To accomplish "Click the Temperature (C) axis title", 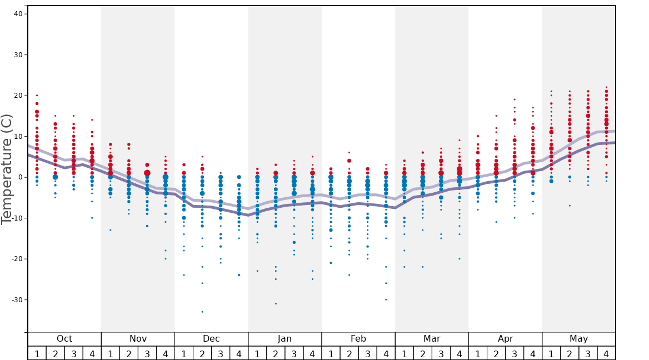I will tap(7, 169).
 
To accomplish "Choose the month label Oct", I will tap(64, 339).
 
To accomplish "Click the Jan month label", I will tap(284, 339).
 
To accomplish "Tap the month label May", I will tap(578, 339).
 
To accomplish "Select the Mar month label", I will tap(432, 339).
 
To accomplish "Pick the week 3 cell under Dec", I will tap(221, 353).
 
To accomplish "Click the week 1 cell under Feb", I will tap(331, 353).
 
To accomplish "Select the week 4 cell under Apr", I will tap(532, 353).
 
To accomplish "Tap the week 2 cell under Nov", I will tap(129, 353).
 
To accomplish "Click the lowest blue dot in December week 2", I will tap(202, 312).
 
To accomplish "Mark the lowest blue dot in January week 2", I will tap(276, 303).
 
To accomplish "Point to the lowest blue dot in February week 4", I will tap(386, 299).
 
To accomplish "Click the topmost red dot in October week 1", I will tap(37, 96).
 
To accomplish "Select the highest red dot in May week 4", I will tap(606, 87).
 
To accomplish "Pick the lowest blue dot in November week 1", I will tap(111, 230).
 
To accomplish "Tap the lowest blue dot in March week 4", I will tap(459, 259).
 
